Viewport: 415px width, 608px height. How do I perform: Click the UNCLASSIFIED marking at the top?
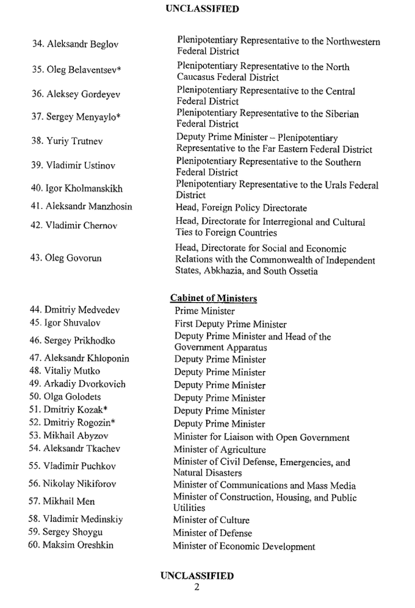point(201,9)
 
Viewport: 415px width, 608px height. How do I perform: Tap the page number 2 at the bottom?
point(197,587)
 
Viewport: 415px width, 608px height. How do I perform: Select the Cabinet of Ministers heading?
point(213,298)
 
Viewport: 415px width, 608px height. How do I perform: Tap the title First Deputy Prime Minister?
point(230,324)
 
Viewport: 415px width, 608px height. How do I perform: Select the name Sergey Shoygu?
point(73,532)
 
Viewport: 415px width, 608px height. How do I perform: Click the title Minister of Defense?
point(212,533)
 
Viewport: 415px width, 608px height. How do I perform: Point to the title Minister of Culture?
point(211,520)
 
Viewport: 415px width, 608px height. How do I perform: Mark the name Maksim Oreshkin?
point(78,545)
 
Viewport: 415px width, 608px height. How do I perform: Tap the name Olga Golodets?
point(73,397)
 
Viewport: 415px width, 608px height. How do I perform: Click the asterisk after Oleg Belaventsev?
point(119,70)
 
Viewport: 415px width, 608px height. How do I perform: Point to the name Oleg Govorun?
point(73,258)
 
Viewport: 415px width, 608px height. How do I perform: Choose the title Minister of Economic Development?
point(244,546)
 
